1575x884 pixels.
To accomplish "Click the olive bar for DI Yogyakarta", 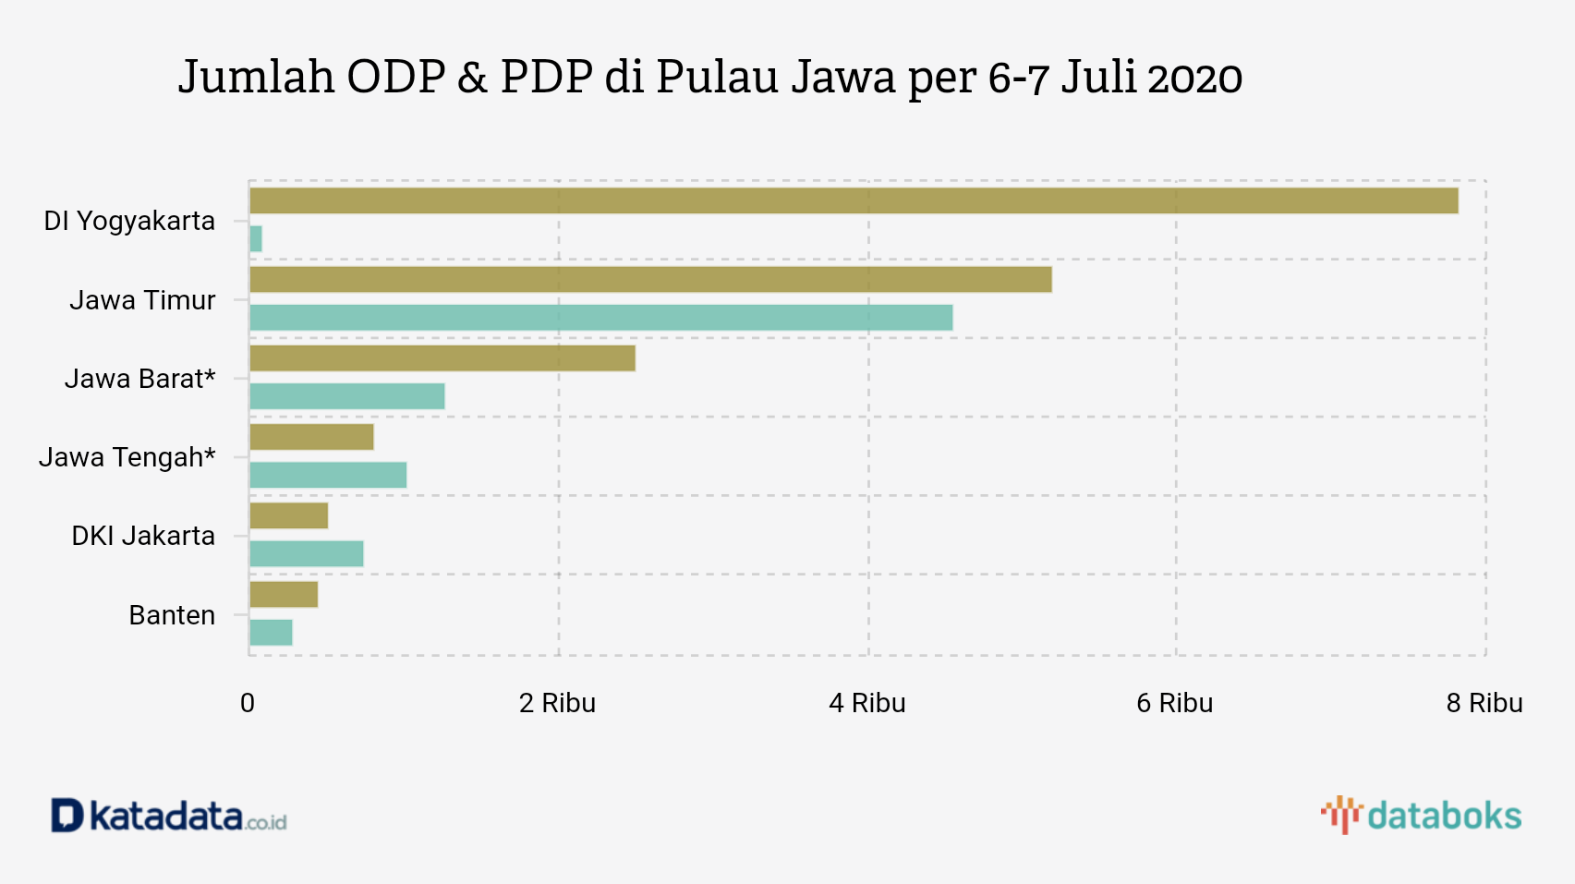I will [854, 200].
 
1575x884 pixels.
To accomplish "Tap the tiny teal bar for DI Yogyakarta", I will [256, 239].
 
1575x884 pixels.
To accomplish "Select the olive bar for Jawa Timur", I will [650, 280].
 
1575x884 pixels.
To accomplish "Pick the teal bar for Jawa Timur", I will [600, 318].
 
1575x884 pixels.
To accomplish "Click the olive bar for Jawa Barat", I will [442, 358].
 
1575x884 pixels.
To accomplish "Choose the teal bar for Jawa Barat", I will [347, 396].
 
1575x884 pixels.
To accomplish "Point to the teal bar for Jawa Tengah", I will [328, 475].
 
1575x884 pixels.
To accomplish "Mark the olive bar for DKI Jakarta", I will [289, 515].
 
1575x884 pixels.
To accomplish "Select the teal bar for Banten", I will [272, 633].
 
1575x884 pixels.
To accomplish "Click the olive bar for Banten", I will [284, 595].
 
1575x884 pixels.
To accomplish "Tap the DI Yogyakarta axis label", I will [129, 221].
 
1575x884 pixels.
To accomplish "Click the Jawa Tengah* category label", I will [127, 457].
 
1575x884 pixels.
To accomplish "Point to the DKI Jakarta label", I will [143, 536].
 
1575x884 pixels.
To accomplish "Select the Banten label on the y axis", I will [172, 615].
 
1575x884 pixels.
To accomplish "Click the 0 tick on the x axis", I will [248, 703].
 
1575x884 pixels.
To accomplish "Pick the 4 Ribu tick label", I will [866, 703].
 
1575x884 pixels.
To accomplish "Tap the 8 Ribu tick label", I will [1484, 703].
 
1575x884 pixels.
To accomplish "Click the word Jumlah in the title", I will [256, 77].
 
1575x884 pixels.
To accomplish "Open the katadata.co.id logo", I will [169, 817].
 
